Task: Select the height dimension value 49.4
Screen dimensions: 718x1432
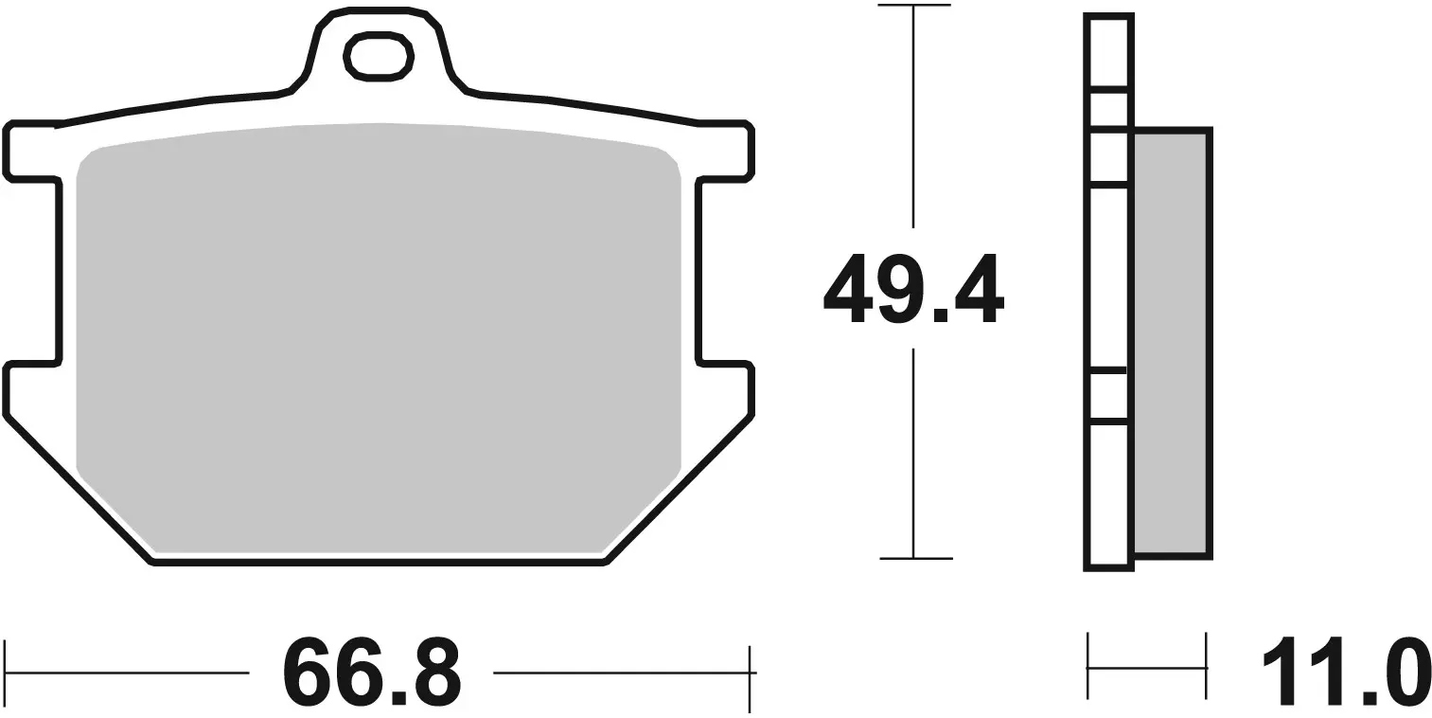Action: (x=912, y=289)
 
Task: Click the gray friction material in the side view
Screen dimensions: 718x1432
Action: (x=1170, y=342)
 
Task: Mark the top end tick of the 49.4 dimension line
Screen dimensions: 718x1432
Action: (x=913, y=7)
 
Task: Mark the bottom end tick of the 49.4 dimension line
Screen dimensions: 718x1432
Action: (x=913, y=559)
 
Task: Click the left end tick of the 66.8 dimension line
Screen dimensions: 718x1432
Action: (x=6, y=673)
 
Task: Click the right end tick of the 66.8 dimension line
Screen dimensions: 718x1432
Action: (x=751, y=673)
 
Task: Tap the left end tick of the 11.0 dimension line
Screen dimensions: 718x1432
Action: (x=1088, y=668)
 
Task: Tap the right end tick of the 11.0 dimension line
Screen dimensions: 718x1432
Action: (x=1206, y=668)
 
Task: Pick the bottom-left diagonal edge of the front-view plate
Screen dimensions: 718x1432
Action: (x=80, y=490)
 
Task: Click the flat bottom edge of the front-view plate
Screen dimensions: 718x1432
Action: (x=379, y=563)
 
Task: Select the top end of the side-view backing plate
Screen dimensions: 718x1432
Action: (x=1108, y=17)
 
